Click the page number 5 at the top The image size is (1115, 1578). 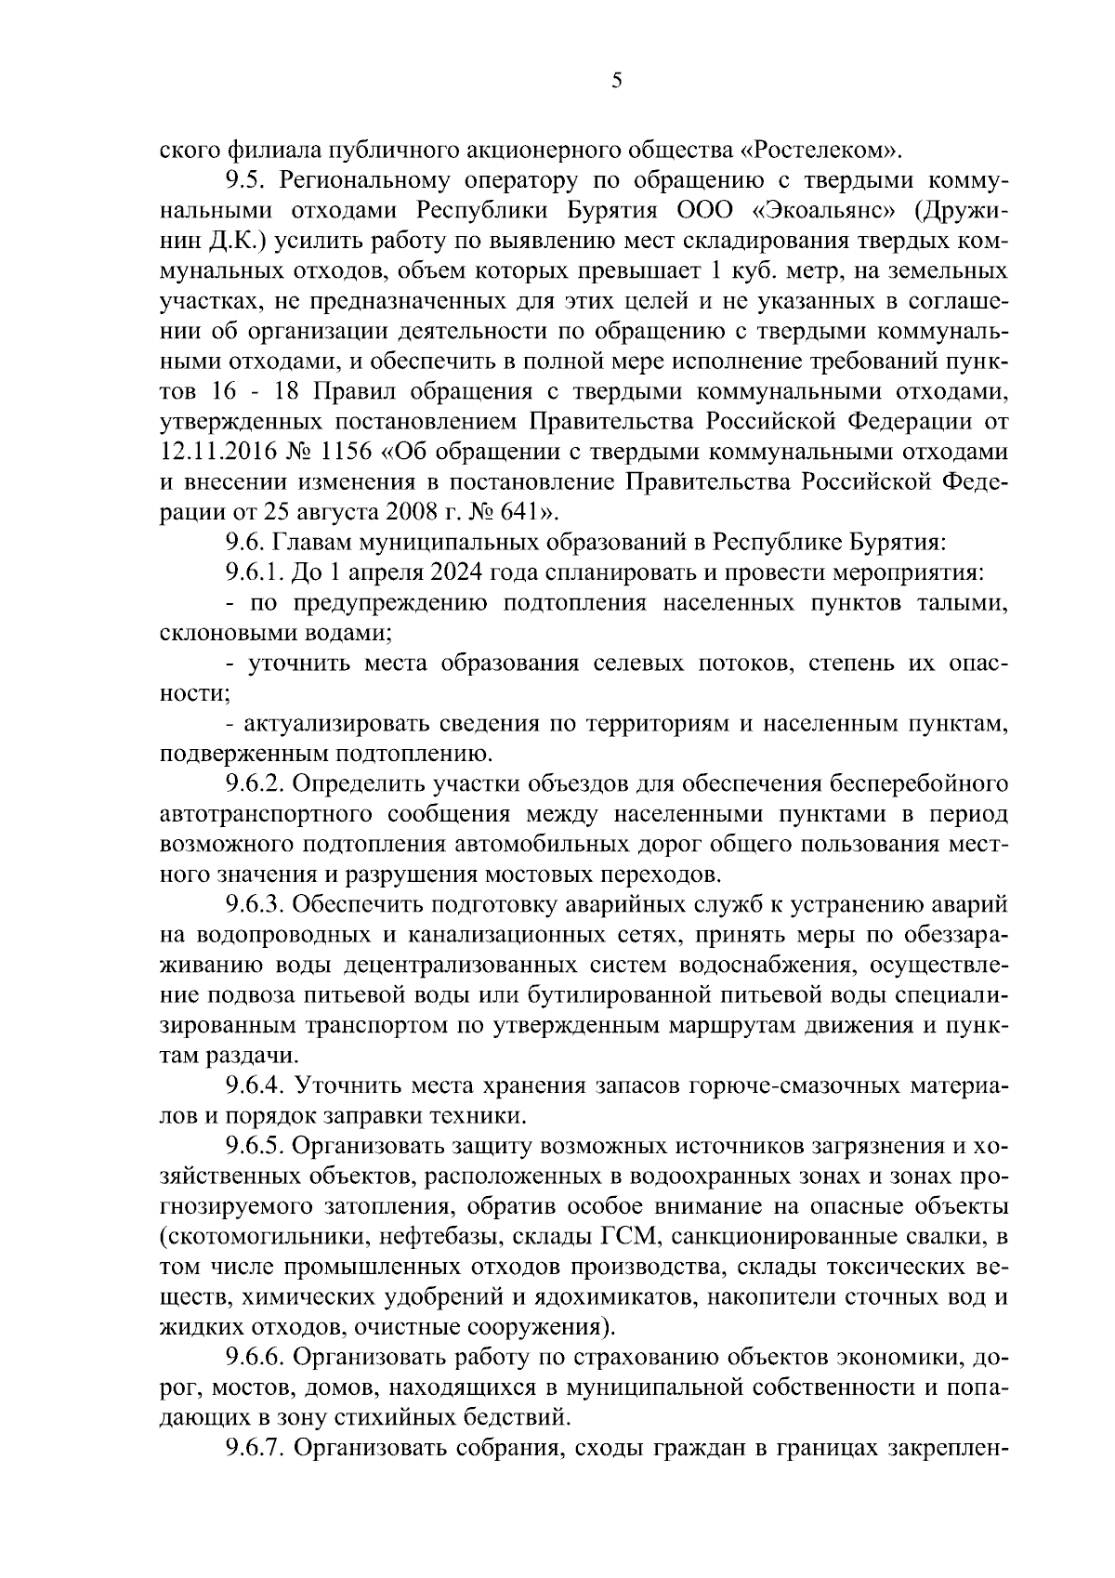617,82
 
